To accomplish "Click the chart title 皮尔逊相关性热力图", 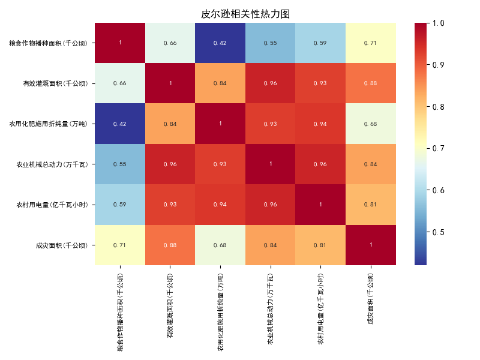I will pos(245,14).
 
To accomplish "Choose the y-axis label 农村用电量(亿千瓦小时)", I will pos(52,205).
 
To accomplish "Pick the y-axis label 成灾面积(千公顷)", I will pos(62,245).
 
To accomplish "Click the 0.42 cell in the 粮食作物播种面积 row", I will pos(220,43).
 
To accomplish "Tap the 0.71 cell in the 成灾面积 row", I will pos(120,245).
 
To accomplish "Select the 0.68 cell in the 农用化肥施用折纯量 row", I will pos(371,124).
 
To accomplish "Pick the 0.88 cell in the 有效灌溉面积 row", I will pos(371,83).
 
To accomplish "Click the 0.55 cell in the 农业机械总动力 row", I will pos(120,164).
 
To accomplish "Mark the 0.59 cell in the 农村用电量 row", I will pos(120,205).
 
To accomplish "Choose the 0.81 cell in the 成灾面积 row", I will pos(320,245).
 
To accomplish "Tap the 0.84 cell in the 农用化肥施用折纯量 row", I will pos(170,124).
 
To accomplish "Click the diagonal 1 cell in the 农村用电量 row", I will pos(320,205).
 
